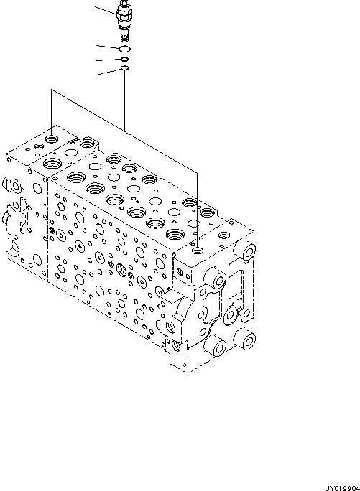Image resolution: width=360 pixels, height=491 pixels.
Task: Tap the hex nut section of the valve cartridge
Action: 124,13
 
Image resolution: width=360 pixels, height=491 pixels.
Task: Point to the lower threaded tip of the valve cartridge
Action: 124,34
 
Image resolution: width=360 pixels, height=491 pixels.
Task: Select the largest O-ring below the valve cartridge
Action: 124,48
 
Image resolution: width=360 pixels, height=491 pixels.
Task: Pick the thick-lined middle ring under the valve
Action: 124,59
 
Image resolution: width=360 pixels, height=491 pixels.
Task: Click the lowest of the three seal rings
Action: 124,69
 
